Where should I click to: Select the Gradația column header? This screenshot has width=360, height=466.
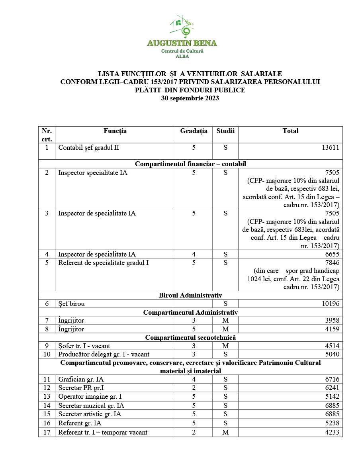pos(194,131)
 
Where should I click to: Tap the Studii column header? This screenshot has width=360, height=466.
pos(225,131)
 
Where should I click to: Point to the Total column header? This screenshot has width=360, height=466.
pos(290,131)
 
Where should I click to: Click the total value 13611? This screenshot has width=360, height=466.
pos(331,147)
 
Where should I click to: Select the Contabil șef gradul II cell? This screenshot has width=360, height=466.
pos(89,147)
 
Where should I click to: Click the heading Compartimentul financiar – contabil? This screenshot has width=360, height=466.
pos(190,164)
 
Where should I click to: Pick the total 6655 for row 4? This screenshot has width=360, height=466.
pos(331,254)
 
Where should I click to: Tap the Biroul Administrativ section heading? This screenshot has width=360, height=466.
pos(190,295)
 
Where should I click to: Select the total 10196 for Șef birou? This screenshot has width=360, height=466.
pos(331,303)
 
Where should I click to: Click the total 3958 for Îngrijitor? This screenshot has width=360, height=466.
pos(331,320)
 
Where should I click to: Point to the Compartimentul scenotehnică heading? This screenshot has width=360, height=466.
pos(190,337)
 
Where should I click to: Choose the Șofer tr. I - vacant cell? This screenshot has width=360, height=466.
pos(84,346)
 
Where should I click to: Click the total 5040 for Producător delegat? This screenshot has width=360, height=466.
pos(331,354)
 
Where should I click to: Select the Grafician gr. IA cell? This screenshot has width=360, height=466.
pos(81,379)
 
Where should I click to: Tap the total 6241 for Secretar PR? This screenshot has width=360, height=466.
pos(331,388)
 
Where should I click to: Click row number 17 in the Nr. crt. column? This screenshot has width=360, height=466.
pos(47,432)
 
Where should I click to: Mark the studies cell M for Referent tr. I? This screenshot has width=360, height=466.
pos(225,432)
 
